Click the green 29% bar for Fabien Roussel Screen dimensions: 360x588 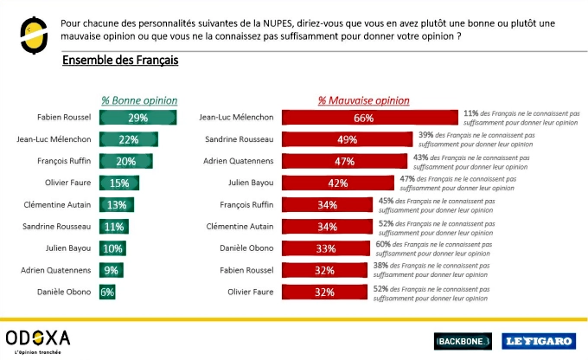(x=138, y=117)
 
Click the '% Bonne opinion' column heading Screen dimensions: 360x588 (x=138, y=100)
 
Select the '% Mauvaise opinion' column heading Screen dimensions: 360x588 (x=363, y=100)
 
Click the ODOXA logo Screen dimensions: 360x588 (x=37, y=337)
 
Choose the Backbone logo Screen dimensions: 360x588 (x=463, y=340)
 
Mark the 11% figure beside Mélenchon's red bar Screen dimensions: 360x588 (x=471, y=113)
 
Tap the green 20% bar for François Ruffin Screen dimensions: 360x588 (x=126, y=160)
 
